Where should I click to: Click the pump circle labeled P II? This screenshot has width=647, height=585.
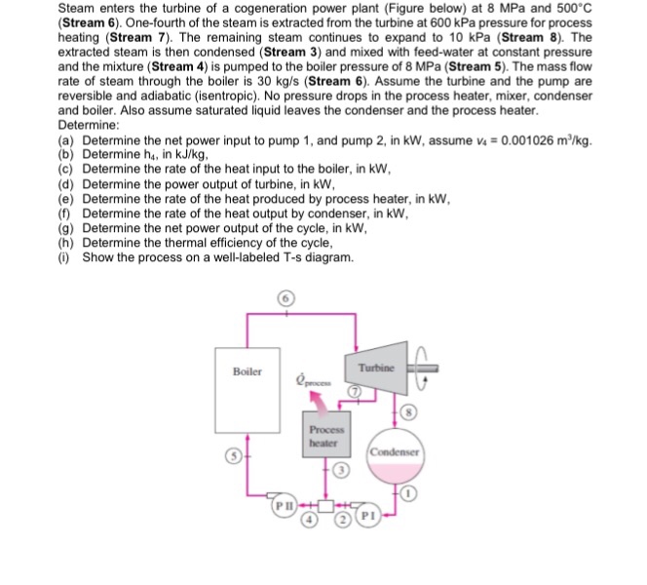(284, 507)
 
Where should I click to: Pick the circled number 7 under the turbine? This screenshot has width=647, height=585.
(356, 391)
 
